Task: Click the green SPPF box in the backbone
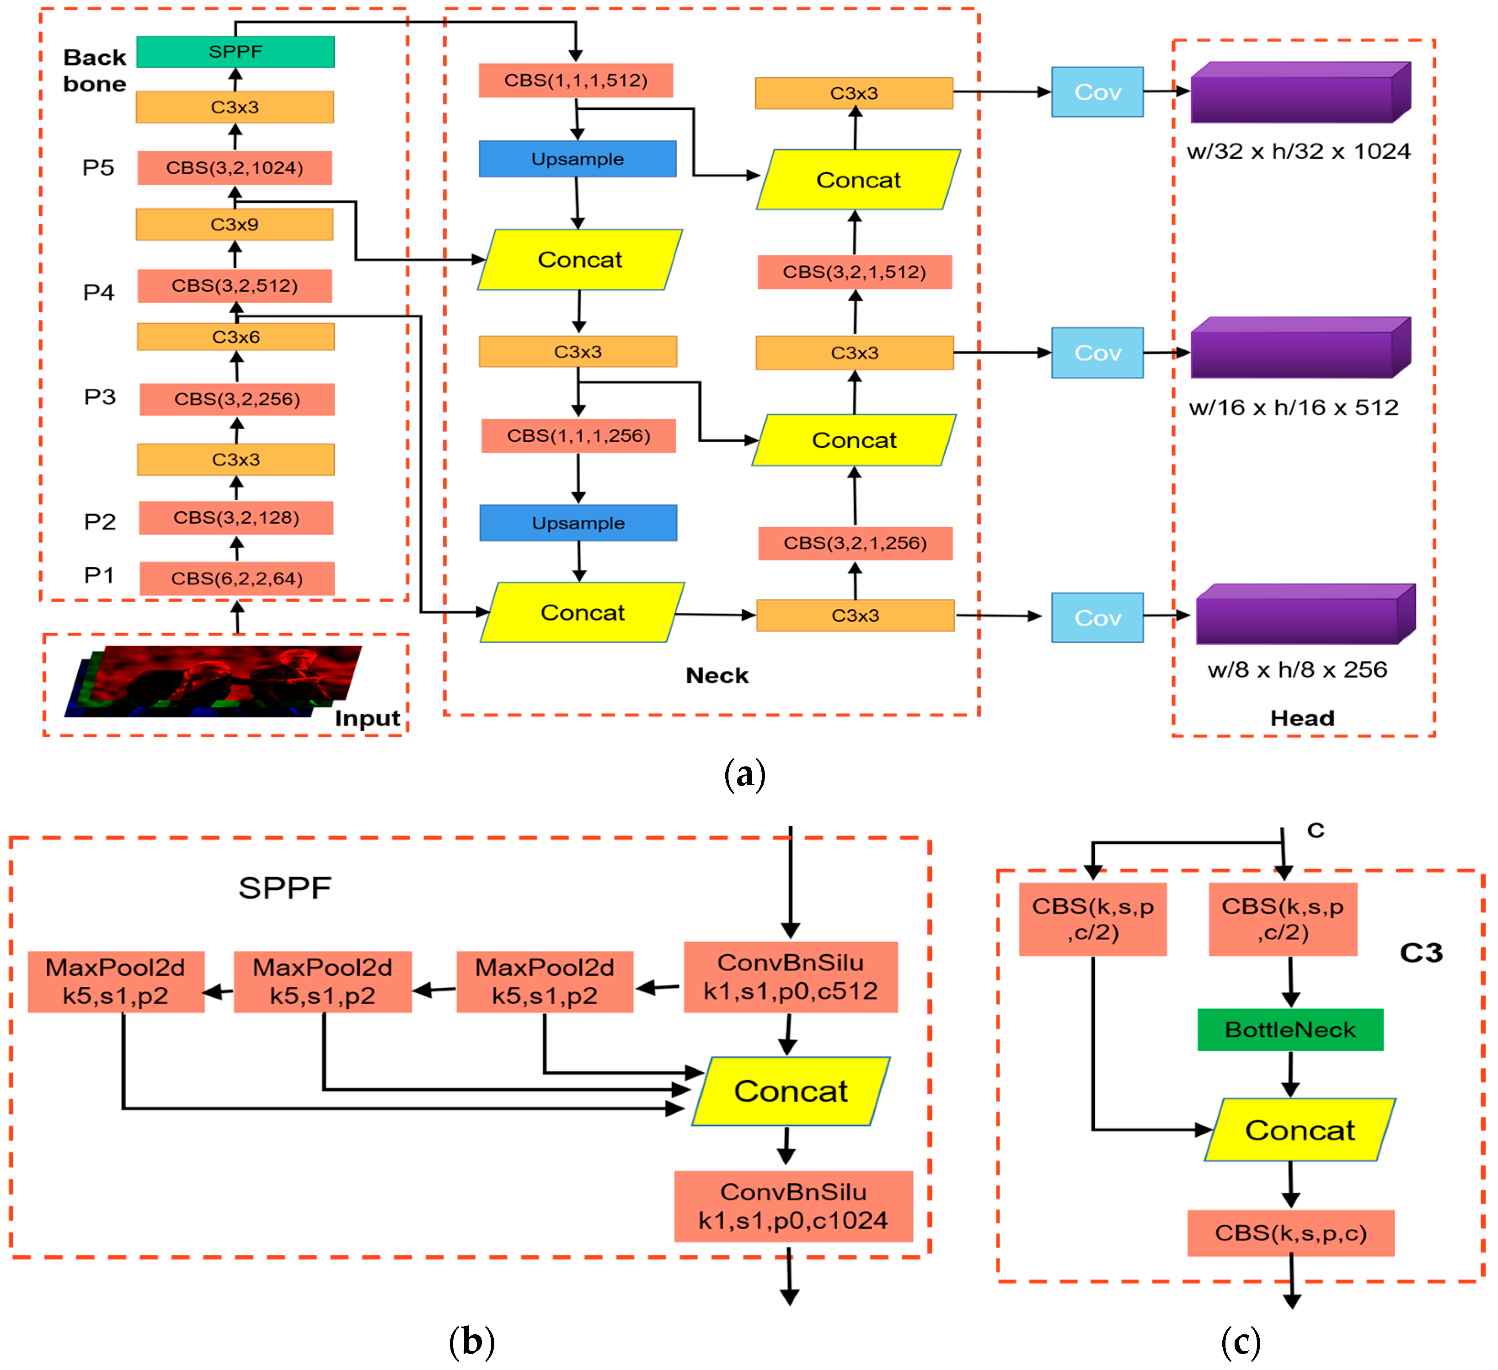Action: (x=235, y=51)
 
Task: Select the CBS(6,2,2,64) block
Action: (x=236, y=578)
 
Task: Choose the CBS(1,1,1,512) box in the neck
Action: (x=575, y=80)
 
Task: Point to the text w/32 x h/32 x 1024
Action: (x=1298, y=151)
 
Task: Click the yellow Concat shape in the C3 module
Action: (x=1300, y=1130)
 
